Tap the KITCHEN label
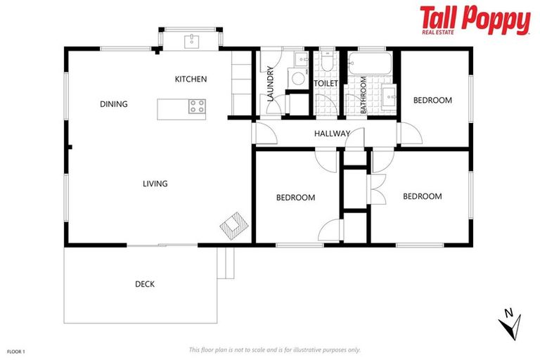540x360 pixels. point(191,79)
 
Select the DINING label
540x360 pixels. point(114,105)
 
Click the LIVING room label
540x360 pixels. point(155,184)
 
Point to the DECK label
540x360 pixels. point(145,285)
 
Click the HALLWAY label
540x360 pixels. point(332,134)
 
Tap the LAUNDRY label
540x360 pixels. point(271,84)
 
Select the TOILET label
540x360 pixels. point(326,84)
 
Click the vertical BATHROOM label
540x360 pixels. point(364,96)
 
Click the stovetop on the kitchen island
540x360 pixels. point(197,107)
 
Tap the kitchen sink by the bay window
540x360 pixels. point(192,41)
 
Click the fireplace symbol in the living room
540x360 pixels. point(233,226)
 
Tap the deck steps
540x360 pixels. point(226,262)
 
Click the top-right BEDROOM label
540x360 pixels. point(432,101)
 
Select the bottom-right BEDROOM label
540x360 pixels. point(422,197)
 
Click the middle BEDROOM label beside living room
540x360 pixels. point(295,198)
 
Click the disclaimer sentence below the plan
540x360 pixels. point(274,349)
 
